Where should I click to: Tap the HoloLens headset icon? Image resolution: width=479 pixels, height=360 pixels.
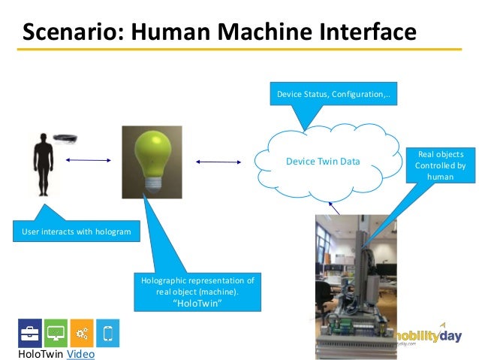pyautogui.click(x=69, y=138)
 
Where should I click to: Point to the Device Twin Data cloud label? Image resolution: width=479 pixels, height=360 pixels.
pyautogui.click(x=323, y=162)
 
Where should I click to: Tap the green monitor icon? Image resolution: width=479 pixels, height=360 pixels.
pyautogui.click(x=56, y=332)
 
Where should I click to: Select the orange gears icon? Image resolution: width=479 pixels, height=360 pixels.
pyautogui.click(x=82, y=332)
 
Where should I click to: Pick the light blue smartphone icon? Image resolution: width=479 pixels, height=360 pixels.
pyautogui.click(x=107, y=332)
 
